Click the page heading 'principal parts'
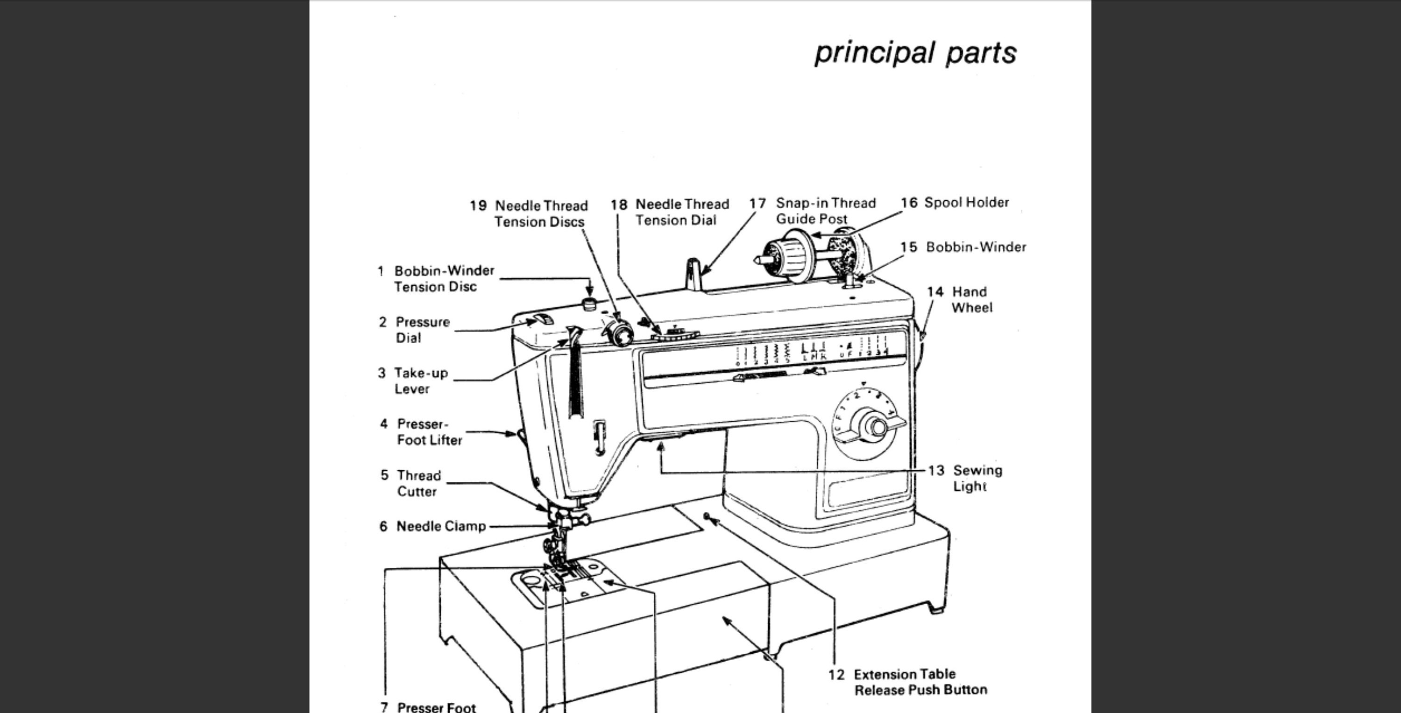[915, 53]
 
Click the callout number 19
[478, 206]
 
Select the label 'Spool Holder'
[966, 203]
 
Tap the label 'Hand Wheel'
[971, 300]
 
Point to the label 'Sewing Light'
[977, 478]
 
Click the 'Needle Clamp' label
[440, 526]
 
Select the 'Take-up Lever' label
[420, 381]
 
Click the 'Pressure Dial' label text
[422, 330]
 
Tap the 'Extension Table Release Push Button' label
[920, 682]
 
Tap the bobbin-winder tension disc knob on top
[588, 304]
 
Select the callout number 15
[908, 247]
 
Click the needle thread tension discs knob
[619, 332]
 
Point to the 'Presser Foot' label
[436, 707]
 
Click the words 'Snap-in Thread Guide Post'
[825, 211]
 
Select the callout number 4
[384, 424]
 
